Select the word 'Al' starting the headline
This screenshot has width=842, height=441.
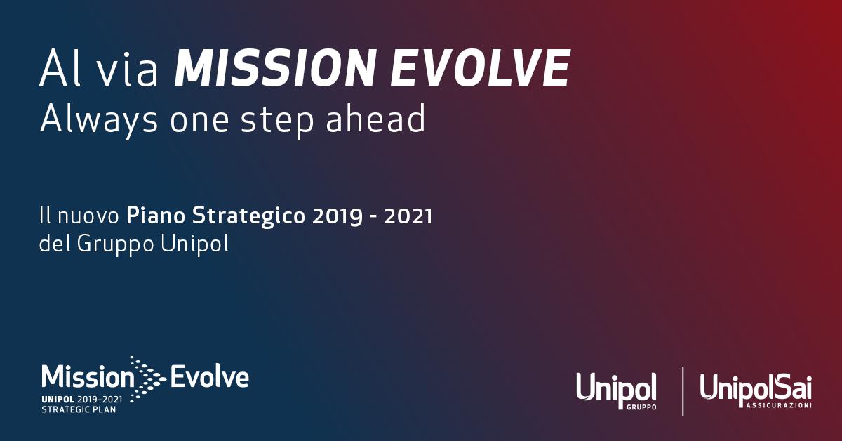coord(58,69)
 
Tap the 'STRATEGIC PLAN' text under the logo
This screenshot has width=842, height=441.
coord(79,409)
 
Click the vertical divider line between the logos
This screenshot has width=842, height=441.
coord(683,390)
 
